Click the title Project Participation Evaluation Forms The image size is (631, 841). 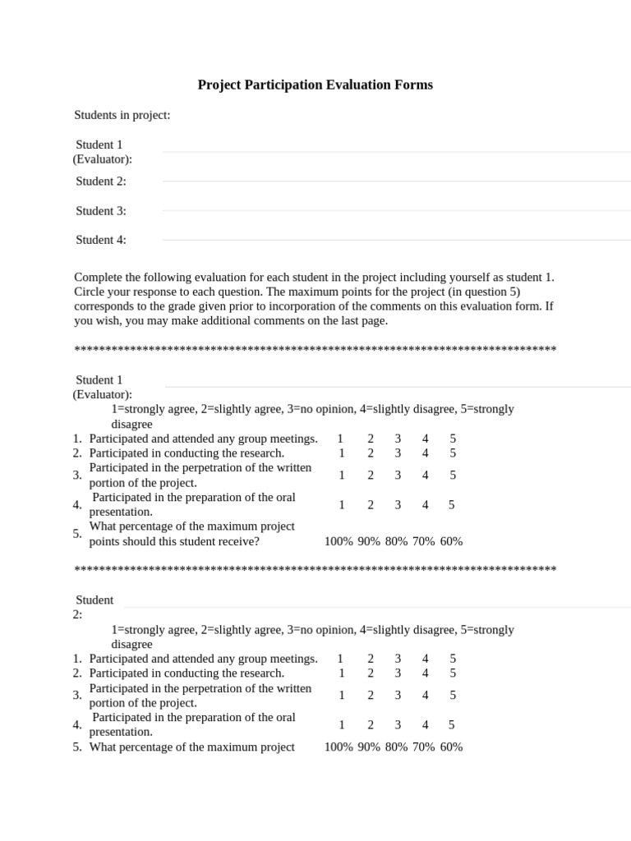[315, 85]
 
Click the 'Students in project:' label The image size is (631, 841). [122, 115]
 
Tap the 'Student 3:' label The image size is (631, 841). [101, 211]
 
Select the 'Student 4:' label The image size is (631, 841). [101, 240]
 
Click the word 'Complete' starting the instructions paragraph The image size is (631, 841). [98, 278]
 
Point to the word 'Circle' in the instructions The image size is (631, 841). [90, 292]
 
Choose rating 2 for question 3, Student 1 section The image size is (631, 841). [371, 475]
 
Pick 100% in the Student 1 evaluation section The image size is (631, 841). [339, 541]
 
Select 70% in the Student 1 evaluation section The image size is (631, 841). [424, 541]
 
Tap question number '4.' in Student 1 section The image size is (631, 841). [77, 504]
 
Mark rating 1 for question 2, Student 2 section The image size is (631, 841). [341, 673]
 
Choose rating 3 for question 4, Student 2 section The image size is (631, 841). [398, 724]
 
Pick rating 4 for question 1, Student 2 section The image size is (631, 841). [426, 659]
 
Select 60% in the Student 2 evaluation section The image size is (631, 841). [451, 747]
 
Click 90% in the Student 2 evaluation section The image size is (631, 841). [369, 747]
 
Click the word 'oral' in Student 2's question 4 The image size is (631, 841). [283, 717]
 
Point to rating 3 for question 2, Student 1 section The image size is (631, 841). [398, 453]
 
